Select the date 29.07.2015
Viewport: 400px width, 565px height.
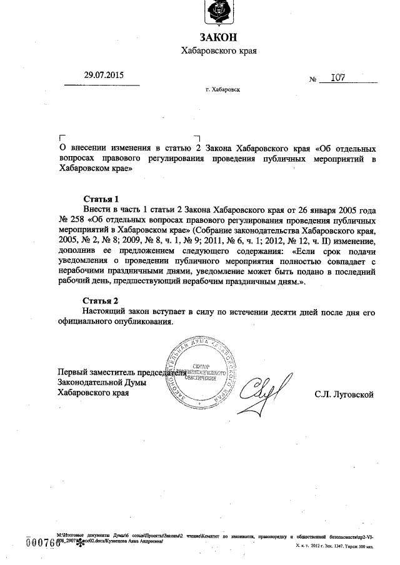(104, 76)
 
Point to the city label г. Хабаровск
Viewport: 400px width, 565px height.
(222, 90)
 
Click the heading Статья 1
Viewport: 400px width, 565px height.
(101, 199)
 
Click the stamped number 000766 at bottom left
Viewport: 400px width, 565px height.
(41, 541)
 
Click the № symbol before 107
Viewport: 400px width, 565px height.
(313, 81)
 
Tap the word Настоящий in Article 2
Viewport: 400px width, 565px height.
(104, 311)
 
